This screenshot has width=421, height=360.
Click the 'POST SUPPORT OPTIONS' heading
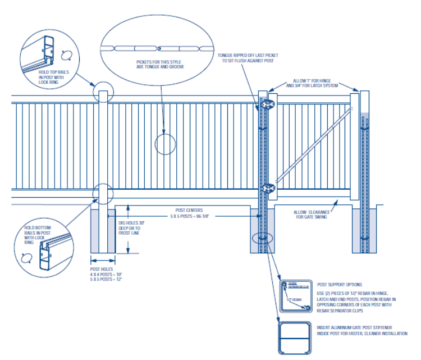point(340,285)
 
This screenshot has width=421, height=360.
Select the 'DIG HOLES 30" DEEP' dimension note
point(132,227)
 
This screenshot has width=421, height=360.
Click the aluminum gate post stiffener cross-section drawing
point(295,337)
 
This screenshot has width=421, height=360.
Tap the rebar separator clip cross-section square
point(296,295)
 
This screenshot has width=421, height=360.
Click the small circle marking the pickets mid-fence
point(165,144)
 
